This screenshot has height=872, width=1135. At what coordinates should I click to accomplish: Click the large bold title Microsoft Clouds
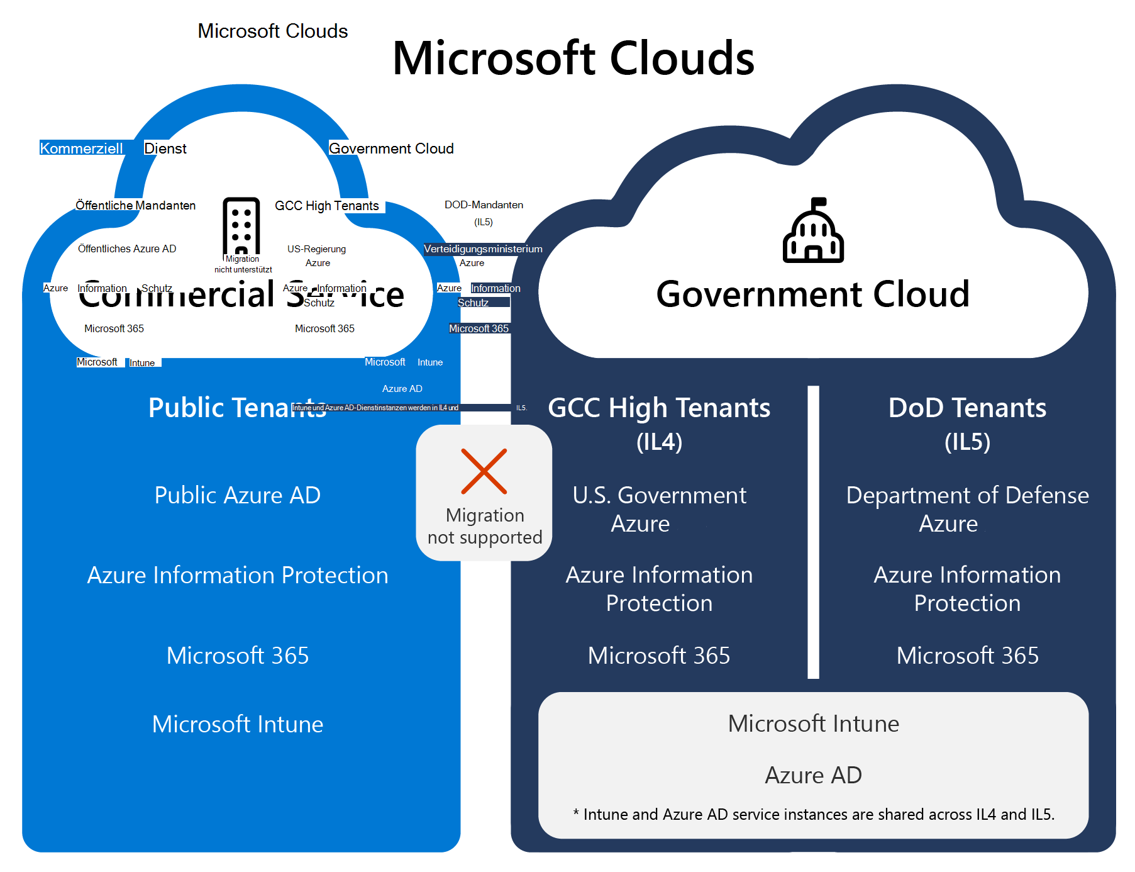click(573, 58)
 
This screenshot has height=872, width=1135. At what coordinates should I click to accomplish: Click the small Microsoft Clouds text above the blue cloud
click(272, 31)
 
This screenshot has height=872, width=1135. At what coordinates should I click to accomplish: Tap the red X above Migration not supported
click(484, 471)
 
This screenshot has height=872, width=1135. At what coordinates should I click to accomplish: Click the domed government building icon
click(813, 231)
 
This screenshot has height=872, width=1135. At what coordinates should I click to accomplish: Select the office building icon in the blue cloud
click(241, 226)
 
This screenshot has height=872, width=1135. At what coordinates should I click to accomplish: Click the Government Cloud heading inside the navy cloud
click(812, 294)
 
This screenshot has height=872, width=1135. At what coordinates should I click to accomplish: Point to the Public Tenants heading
click(237, 408)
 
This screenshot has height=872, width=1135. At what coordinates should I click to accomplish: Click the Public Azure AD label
click(237, 495)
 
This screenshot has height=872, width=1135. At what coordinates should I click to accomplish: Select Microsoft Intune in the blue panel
click(237, 724)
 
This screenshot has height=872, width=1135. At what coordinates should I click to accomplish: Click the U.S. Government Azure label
click(659, 509)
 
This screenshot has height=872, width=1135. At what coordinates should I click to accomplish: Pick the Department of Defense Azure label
click(967, 509)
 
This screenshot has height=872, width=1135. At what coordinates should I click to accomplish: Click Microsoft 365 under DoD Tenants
click(967, 656)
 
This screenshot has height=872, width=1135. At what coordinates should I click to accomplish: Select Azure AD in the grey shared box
click(813, 775)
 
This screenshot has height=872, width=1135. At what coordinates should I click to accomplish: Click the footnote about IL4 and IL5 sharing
click(813, 814)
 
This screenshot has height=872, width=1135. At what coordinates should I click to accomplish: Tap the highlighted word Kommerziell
click(82, 148)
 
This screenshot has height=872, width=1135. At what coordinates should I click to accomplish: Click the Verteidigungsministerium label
click(483, 249)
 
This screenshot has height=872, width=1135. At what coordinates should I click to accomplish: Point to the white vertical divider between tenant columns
click(813, 532)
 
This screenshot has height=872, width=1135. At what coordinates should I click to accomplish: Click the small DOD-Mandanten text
click(484, 205)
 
